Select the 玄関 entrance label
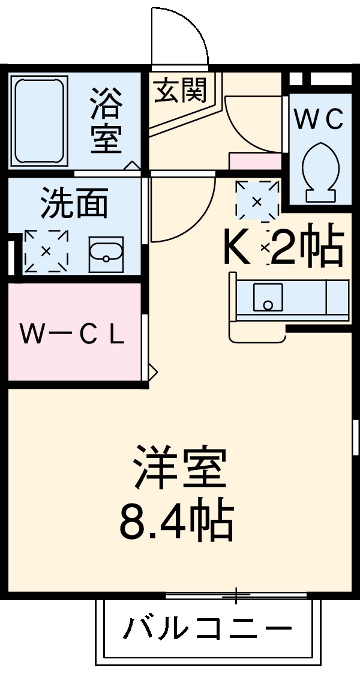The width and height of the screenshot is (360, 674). (x=180, y=91)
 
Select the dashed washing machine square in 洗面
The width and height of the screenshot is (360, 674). (x=46, y=251)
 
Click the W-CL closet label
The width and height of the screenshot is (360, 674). (x=71, y=335)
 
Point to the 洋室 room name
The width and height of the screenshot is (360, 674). (x=179, y=468)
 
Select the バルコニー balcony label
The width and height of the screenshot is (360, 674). (x=207, y=630)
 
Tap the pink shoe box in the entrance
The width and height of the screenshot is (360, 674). (x=255, y=161)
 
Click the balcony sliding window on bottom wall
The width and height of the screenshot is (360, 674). (x=236, y=595)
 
